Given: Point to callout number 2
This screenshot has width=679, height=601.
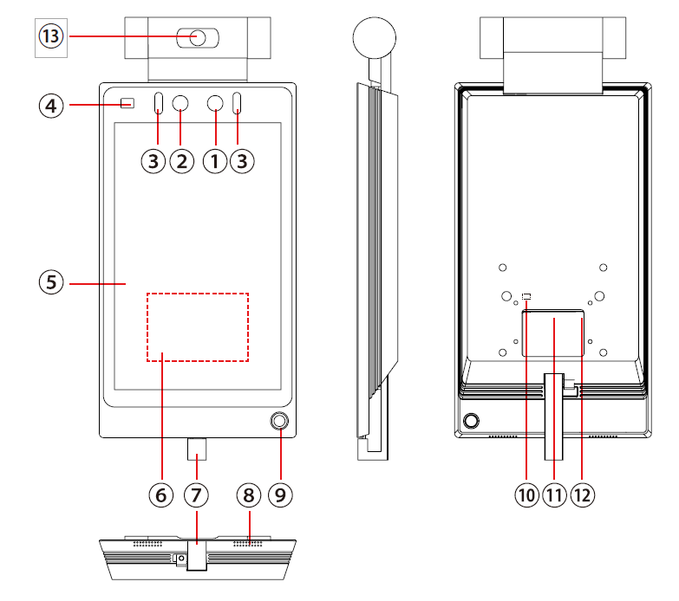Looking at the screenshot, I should point(181,160).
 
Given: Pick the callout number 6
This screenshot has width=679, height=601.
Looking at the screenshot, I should point(160,494).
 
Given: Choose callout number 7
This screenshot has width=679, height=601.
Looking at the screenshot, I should point(197,494).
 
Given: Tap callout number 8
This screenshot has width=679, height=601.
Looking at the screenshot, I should point(249,494).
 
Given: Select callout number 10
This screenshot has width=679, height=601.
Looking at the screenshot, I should point(526,494).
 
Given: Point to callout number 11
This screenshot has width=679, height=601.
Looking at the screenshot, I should point(554,494).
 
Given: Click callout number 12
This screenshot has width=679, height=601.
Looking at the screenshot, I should point(582,494).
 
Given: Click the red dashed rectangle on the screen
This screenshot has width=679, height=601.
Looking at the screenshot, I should point(198,327).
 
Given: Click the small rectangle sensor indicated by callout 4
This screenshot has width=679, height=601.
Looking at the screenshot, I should point(127,104).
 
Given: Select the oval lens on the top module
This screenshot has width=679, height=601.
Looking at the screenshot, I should point(198,37).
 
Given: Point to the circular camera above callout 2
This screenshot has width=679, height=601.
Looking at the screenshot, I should point(181,104).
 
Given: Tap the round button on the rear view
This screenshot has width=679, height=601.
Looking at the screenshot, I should point(471,422).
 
